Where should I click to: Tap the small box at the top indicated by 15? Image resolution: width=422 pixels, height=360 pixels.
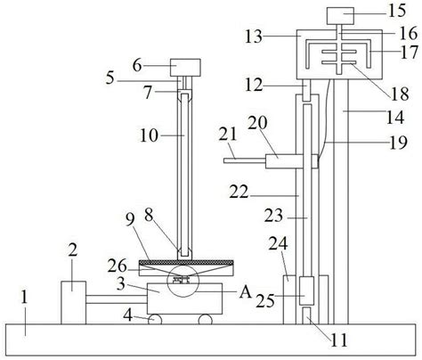[340, 16]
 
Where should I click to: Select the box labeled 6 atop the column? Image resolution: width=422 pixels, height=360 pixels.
[185, 68]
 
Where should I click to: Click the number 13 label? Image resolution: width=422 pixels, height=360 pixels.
[254, 37]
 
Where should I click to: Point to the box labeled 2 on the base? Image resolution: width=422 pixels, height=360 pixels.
[74, 303]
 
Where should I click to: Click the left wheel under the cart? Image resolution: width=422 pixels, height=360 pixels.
[155, 319]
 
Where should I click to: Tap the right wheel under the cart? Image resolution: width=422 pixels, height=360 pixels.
[206, 319]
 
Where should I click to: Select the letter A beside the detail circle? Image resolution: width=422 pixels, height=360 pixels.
[245, 292]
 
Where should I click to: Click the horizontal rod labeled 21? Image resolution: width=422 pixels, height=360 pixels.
[245, 160]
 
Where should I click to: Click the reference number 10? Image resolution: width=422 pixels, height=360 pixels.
[150, 135]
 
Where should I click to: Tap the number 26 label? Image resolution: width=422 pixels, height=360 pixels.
[118, 266]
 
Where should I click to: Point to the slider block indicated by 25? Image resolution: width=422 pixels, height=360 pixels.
[306, 290]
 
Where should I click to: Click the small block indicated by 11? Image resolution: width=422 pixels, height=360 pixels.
[306, 315]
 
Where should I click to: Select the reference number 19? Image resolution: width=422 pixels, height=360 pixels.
[398, 143]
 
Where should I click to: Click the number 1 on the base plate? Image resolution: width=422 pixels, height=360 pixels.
[24, 297]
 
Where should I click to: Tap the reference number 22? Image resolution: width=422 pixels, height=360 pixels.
[239, 192]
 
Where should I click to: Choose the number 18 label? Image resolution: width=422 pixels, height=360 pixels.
[400, 94]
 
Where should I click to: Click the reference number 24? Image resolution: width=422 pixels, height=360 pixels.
[278, 243]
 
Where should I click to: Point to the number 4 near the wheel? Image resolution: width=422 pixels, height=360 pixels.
[127, 315]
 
